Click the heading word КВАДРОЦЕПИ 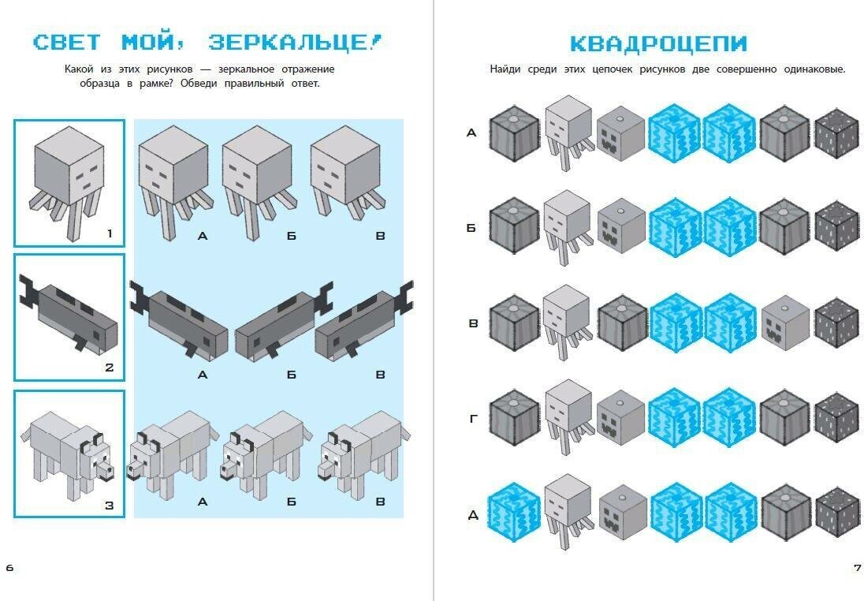(x=658, y=43)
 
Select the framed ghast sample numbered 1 (x=69, y=182)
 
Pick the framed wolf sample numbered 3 (x=69, y=454)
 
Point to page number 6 (x=9, y=567)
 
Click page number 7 (x=857, y=567)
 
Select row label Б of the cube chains (x=471, y=229)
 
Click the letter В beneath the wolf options (x=380, y=502)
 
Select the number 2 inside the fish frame (x=109, y=367)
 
